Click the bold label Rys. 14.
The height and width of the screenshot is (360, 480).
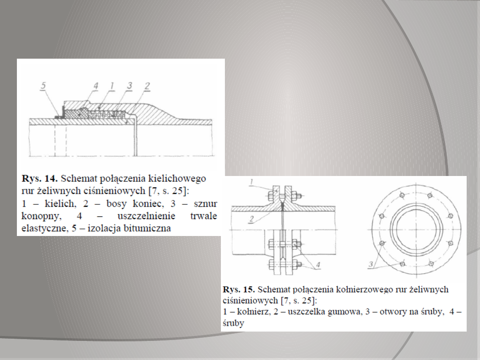click(x=39, y=179)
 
